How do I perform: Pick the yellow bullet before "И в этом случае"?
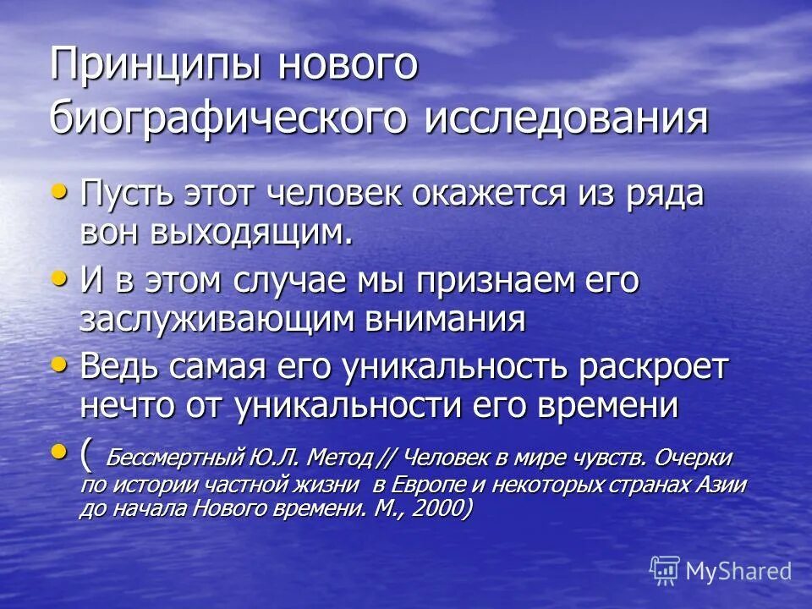pyautogui.click(x=59, y=279)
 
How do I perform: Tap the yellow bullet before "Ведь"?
pyautogui.click(x=59, y=365)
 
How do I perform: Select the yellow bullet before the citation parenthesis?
pyautogui.click(x=59, y=452)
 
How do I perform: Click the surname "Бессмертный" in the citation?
pyautogui.click(x=176, y=458)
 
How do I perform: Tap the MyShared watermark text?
pyautogui.click(x=738, y=571)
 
